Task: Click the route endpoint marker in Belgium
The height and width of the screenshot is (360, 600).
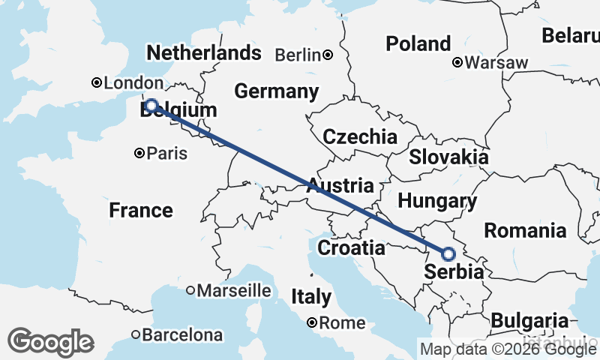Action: click(x=151, y=106)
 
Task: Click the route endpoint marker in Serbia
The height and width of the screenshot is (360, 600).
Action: click(x=448, y=254)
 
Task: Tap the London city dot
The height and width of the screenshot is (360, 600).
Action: click(x=96, y=83)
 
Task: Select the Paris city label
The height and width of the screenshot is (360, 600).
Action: click(x=166, y=154)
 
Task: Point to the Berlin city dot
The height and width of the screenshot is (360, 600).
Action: click(x=328, y=55)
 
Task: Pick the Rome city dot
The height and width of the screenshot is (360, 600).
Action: click(x=312, y=323)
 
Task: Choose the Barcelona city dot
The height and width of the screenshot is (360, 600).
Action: click(x=136, y=334)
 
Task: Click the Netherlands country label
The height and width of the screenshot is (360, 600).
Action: click(x=204, y=53)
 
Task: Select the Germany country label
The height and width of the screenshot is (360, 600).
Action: click(x=276, y=91)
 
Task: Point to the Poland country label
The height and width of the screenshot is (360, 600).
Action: click(x=418, y=44)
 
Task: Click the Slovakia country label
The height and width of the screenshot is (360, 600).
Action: click(x=448, y=157)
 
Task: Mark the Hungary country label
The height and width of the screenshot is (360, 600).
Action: click(x=437, y=201)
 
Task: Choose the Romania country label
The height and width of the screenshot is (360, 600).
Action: click(x=525, y=230)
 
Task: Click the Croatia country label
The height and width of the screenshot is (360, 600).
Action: click(x=351, y=247)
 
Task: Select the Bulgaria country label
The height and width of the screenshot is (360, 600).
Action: click(x=529, y=319)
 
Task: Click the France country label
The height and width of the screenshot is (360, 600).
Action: click(x=141, y=210)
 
